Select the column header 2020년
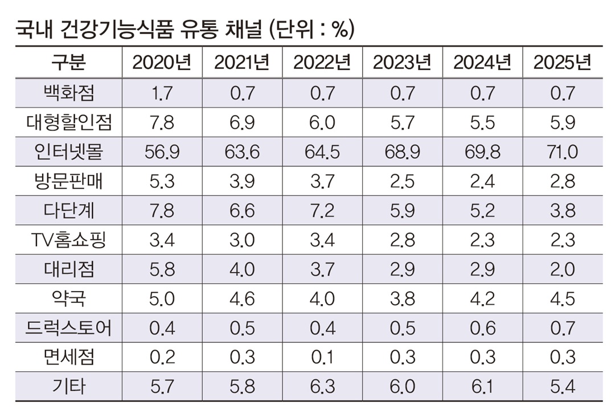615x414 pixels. (162, 63)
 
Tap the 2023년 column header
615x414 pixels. (402, 63)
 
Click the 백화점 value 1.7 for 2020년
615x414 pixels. (162, 93)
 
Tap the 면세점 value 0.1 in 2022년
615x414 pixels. (322, 358)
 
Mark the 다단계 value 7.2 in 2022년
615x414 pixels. (322, 210)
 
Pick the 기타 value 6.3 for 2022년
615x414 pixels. (322, 387)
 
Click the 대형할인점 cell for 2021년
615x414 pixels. (242, 122)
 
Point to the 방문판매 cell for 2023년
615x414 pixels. (402, 181)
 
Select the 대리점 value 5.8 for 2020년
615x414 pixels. (162, 269)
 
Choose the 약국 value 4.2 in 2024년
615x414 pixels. (482, 298)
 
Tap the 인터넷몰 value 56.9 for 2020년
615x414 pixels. (162, 151)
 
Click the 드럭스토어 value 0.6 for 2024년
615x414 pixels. (482, 328)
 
